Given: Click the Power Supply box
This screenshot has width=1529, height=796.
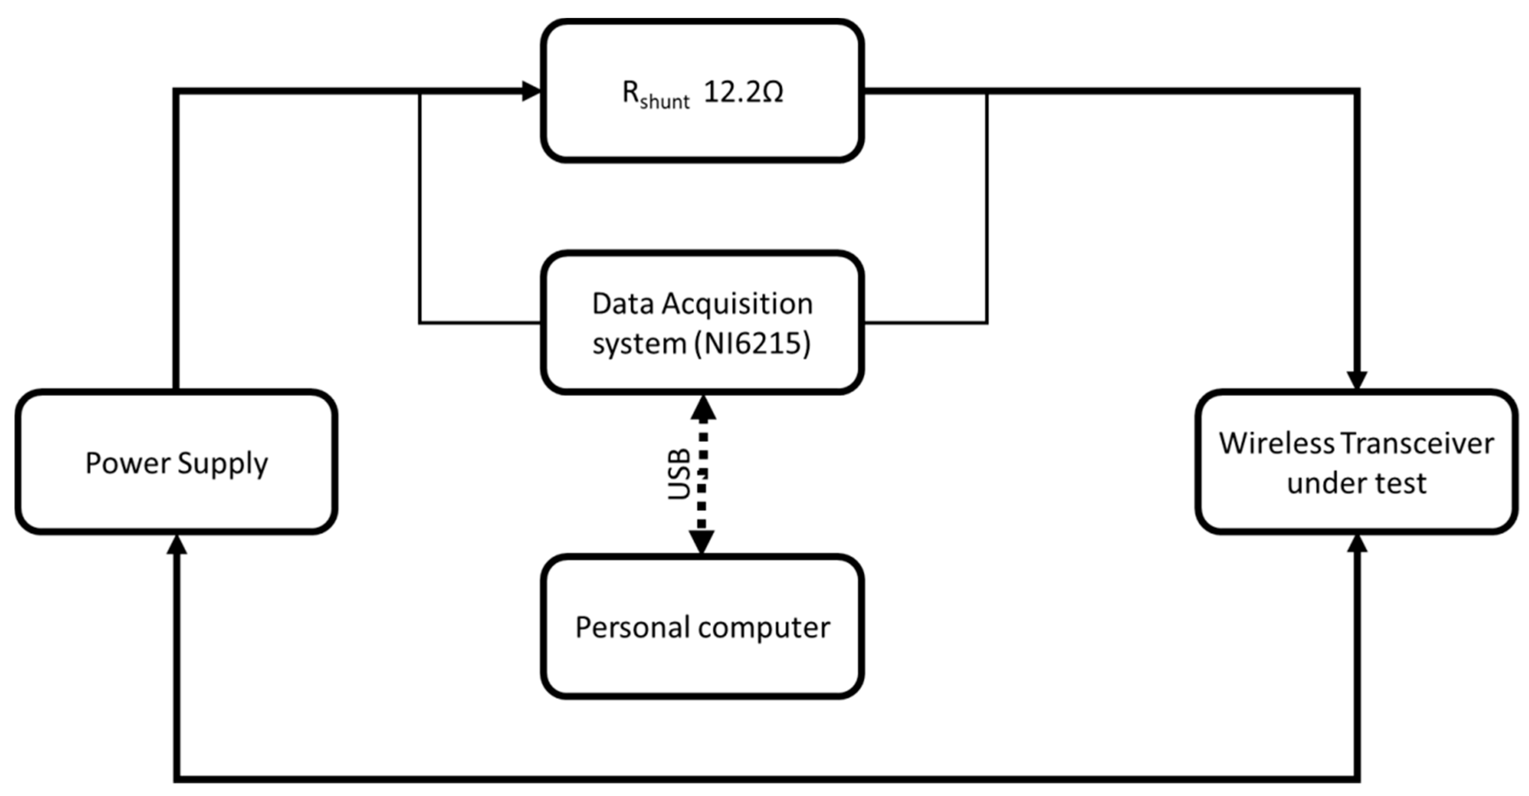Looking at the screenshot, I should pyautogui.click(x=176, y=462).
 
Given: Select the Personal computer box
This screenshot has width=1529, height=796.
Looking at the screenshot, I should pyautogui.click(x=702, y=627).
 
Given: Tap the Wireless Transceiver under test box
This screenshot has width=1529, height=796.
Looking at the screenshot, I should pyautogui.click(x=1356, y=462).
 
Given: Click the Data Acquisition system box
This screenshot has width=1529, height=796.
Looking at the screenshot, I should pyautogui.click(x=702, y=323).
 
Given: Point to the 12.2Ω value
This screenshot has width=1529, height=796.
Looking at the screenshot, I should pyautogui.click(x=743, y=92).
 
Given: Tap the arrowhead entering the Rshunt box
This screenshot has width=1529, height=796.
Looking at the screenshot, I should pyautogui.click(x=531, y=91).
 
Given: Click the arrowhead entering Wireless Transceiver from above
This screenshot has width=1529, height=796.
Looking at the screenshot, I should pyautogui.click(x=1357, y=380).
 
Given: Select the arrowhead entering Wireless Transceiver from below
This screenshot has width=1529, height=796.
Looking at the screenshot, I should pyautogui.click(x=1357, y=543).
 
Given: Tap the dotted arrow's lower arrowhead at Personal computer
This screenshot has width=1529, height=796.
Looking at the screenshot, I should pyautogui.click(x=702, y=541).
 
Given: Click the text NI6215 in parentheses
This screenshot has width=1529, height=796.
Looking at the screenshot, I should pyautogui.click(x=753, y=343).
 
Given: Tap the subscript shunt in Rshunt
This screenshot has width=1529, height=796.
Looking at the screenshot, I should pyautogui.click(x=664, y=102).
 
